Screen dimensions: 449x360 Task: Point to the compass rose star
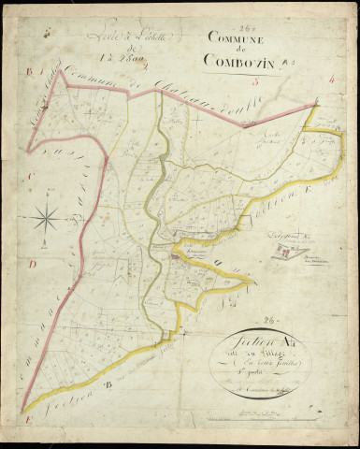click(44, 219)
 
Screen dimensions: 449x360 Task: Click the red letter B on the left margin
click(29, 70)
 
